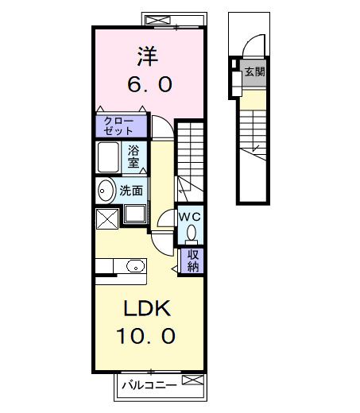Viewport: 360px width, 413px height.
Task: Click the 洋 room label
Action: pos(148,56)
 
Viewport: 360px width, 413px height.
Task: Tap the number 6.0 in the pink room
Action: pos(149,84)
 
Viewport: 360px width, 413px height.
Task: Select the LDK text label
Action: pos(147,308)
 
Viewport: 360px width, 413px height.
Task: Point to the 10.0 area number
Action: pos(145,336)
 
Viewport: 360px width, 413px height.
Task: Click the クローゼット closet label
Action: pos(118,126)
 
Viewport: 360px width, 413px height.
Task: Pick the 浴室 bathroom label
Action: pos(134,156)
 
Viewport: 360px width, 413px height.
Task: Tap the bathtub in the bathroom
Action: pos(108,157)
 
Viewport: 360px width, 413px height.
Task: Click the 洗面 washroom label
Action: pos(131,191)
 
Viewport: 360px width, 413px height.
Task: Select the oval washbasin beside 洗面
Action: pos(106,191)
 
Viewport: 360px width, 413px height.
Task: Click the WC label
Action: pos(190,217)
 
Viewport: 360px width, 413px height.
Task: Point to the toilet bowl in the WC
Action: pos(192,233)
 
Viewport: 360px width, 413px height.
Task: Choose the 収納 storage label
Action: pos(193,261)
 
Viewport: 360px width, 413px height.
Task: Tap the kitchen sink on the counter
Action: pos(135,266)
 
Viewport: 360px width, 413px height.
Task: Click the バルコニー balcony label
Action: pos(149,385)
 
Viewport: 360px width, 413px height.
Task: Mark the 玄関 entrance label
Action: pos(254,71)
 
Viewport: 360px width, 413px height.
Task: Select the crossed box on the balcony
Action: pos(193,380)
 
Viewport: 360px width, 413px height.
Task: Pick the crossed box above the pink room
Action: pos(158,20)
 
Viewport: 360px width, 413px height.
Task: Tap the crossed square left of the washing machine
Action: pos(107,219)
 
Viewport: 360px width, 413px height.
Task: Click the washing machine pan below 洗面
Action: pos(134,214)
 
